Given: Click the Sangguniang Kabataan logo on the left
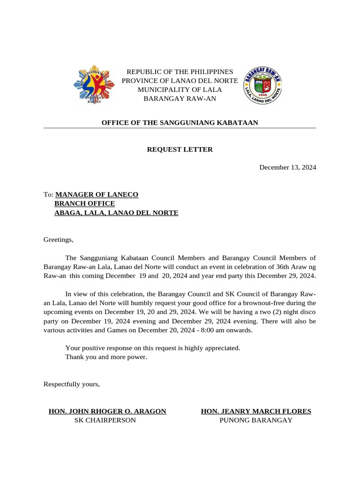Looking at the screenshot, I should pyautogui.click(x=94, y=85).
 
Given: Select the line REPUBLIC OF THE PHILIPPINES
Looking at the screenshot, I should pyautogui.click(x=180, y=72).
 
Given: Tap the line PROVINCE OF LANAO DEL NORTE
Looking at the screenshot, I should pyautogui.click(x=180, y=81).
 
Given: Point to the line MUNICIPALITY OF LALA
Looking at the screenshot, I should pyautogui.click(x=180, y=90).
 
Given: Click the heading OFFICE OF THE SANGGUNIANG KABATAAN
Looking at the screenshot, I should pyautogui.click(x=180, y=123).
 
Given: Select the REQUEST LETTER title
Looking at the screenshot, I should pyautogui.click(x=180, y=150).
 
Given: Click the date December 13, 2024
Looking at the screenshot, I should pyautogui.click(x=288, y=167).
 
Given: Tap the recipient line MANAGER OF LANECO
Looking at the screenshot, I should pyautogui.click(x=97, y=195).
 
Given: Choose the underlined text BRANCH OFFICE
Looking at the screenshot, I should pyautogui.click(x=84, y=203).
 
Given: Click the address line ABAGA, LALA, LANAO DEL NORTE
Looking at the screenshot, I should pyautogui.click(x=116, y=213).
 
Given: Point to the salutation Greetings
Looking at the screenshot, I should pyautogui.click(x=59, y=240).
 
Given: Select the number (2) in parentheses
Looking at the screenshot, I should pyautogui.click(x=249, y=312).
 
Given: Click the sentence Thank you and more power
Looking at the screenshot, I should pyautogui.click(x=106, y=357).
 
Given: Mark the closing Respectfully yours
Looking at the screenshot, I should pyautogui.click(x=72, y=384).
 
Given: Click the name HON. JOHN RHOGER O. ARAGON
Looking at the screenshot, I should pyautogui.click(x=107, y=411).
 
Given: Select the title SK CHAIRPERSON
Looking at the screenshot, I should pyautogui.click(x=105, y=420).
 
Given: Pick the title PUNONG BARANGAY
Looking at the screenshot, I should pyautogui.click(x=256, y=420).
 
